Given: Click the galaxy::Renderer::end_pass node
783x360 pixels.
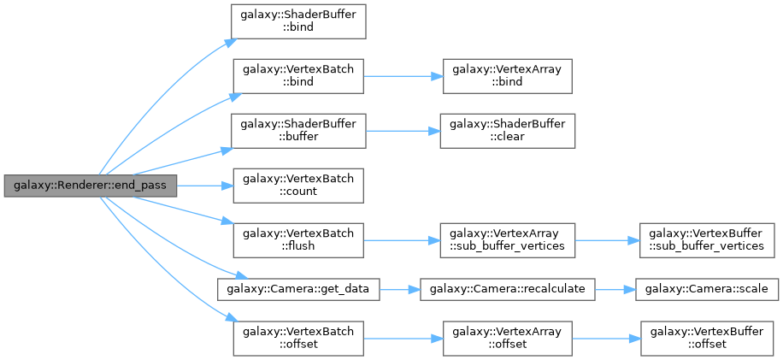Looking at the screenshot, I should tap(90, 186).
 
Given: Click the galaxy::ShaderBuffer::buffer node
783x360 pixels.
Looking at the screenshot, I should tap(299, 130).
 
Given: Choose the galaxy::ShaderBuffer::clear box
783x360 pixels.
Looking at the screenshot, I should tap(506, 130).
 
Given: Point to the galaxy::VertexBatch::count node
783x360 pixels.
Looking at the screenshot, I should tap(299, 186).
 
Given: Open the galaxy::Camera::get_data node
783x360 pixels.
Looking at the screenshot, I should tap(298, 289).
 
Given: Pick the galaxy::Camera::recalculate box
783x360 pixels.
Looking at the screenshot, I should tap(506, 289).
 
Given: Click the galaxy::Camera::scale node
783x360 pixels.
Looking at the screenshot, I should tap(705, 289).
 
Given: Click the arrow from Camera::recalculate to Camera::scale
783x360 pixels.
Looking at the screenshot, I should tap(613, 289).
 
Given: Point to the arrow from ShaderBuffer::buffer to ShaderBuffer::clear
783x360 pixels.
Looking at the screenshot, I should tap(402, 130).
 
